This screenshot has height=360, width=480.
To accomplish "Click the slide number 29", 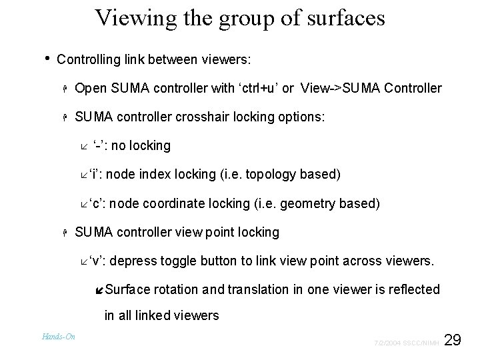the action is pyautogui.click(x=453, y=341).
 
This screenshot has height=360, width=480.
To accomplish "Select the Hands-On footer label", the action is pyautogui.click(x=59, y=337).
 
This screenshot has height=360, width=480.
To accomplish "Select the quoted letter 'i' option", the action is pyautogui.click(x=95, y=175).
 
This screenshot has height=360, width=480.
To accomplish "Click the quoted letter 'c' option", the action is pyautogui.click(x=96, y=203).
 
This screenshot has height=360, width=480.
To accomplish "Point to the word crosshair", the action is pyautogui.click(x=200, y=117).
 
